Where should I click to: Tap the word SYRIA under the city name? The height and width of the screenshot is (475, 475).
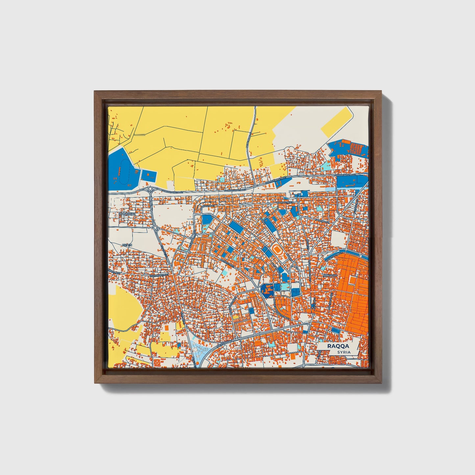pos(344,352)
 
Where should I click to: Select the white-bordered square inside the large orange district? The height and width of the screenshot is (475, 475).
pos(353,280)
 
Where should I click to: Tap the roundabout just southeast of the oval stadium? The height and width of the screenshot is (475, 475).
pos(295,265)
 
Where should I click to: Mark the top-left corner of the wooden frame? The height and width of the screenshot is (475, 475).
pos(95,92)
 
